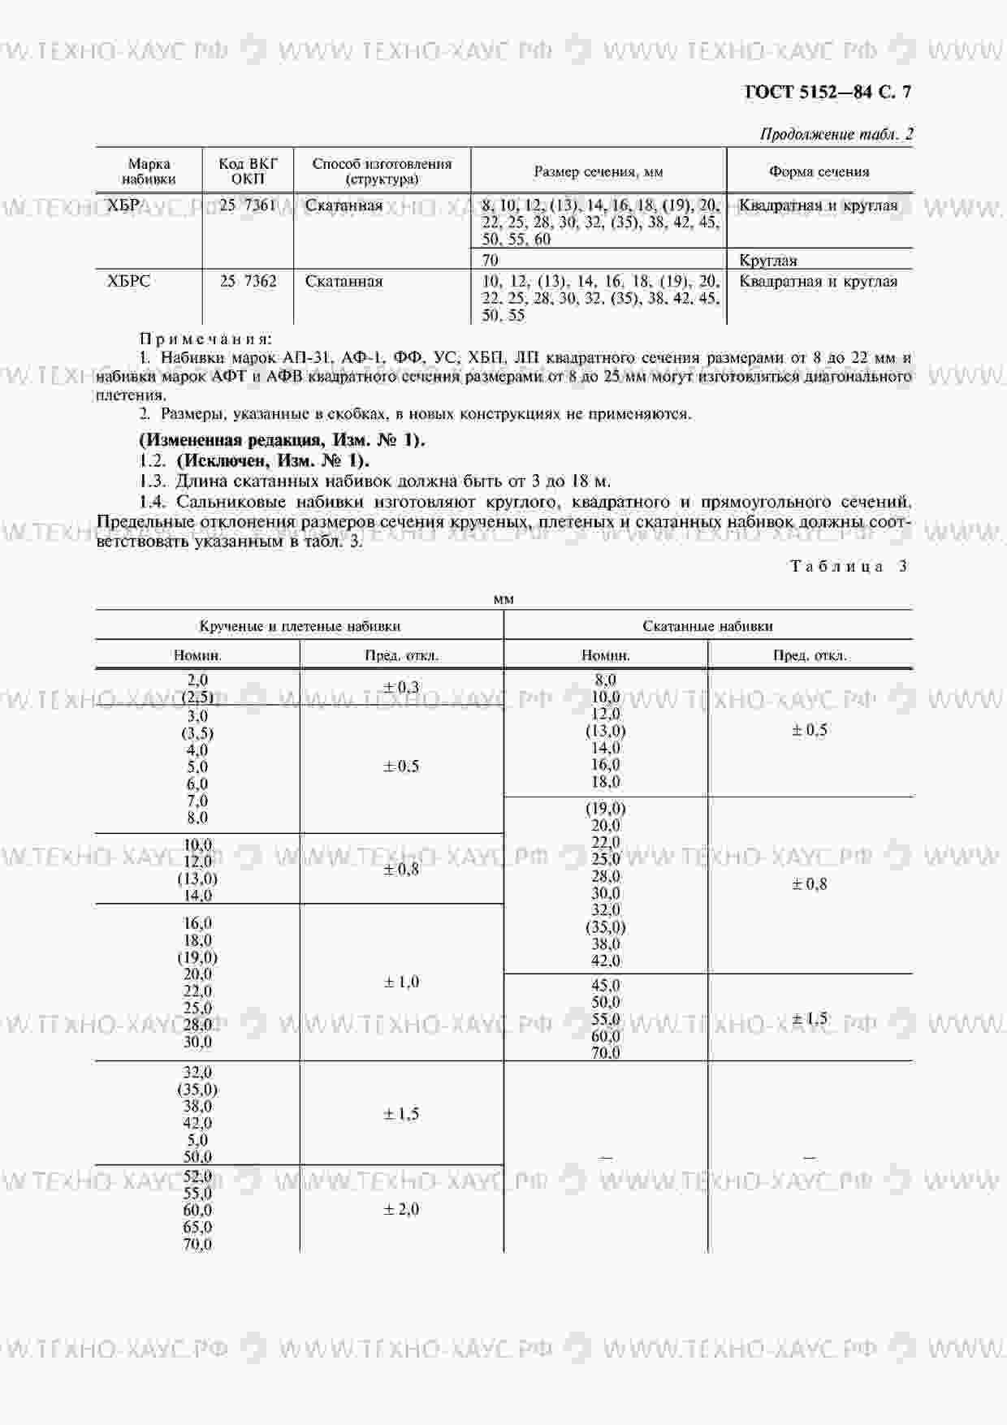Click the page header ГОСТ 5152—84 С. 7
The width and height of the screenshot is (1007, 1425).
[x=828, y=92]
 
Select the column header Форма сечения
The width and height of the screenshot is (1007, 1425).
[x=819, y=172]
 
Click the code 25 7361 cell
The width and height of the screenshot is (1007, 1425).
[x=248, y=205]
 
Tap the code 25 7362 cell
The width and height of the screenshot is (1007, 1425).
[x=248, y=282]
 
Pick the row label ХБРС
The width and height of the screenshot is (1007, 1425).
[x=128, y=282]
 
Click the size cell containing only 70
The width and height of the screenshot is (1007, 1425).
[x=491, y=261]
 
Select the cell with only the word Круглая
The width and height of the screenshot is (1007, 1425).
[x=768, y=261]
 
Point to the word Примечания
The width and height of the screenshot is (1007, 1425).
[x=206, y=339]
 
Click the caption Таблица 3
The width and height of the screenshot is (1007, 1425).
[x=849, y=567]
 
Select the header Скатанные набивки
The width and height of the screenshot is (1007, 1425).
[x=707, y=626]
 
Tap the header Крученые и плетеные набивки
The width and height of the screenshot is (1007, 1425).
[x=300, y=626]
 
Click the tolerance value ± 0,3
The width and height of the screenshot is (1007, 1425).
[x=401, y=688]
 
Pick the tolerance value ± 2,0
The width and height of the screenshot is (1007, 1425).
[x=401, y=1210]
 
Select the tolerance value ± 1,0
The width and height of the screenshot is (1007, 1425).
[x=401, y=982]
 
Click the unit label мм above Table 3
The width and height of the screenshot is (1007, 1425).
[x=503, y=599]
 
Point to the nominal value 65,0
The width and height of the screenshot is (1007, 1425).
[x=197, y=1227]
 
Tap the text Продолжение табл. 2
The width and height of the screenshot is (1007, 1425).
[x=836, y=135]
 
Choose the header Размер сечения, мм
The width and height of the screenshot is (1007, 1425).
[x=598, y=172]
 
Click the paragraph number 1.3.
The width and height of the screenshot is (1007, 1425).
[x=153, y=481]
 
